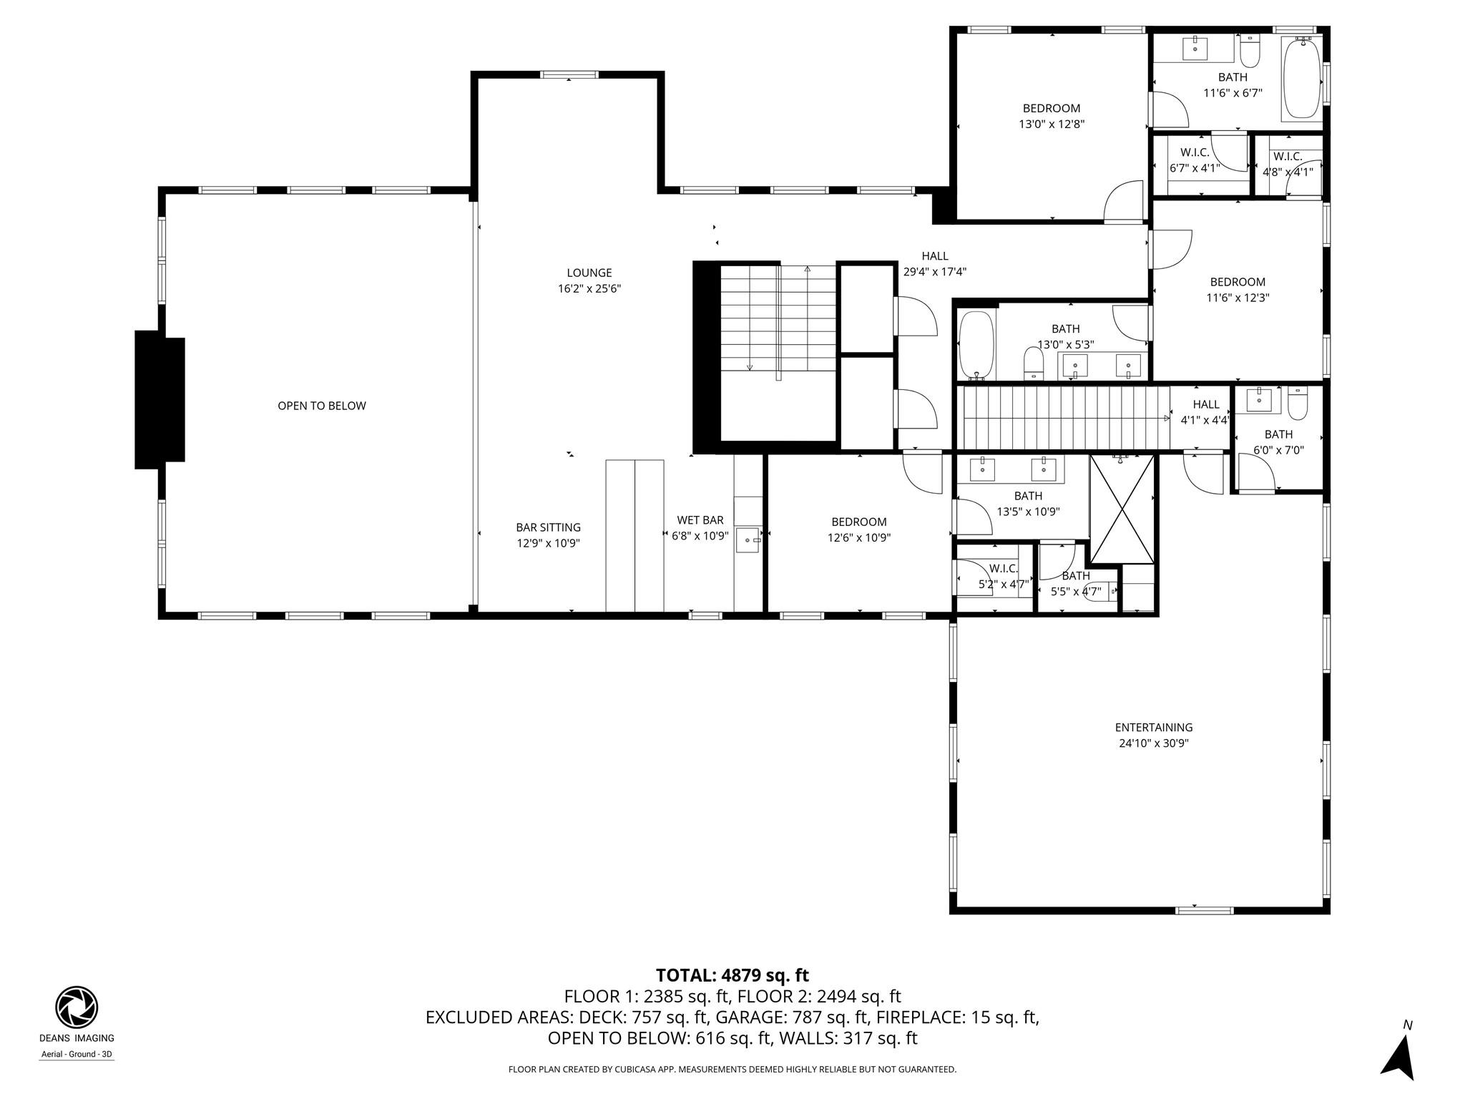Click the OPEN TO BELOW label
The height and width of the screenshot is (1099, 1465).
(321, 406)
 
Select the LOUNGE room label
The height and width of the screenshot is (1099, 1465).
(589, 273)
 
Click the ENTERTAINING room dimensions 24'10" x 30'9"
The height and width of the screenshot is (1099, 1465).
(1153, 743)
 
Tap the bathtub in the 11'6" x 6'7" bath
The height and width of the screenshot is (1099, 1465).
(1301, 78)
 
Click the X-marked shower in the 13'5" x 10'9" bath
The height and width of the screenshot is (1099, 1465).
(1122, 509)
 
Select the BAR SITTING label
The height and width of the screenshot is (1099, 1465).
(548, 527)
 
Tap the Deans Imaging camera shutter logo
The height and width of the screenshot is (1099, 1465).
(77, 1007)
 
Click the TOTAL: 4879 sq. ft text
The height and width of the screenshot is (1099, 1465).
(732, 975)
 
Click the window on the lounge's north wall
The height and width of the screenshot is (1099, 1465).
(569, 74)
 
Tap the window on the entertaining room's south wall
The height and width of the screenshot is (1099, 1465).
(1205, 910)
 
